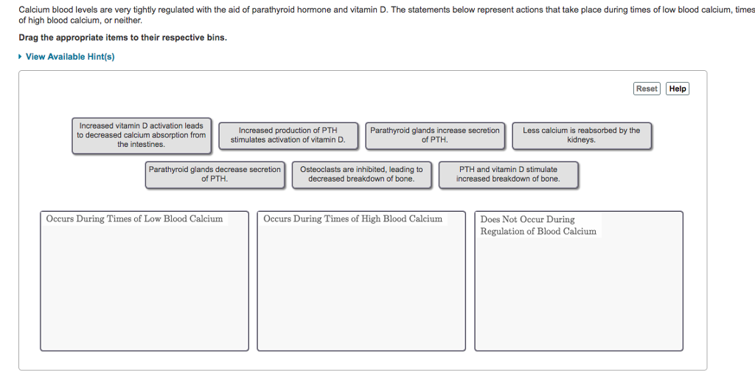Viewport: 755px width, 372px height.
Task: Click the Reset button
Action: click(647, 89)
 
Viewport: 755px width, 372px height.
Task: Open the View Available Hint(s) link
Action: click(70, 57)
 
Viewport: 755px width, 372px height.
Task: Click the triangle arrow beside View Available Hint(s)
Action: click(20, 57)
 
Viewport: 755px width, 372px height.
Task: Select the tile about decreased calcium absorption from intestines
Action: click(142, 135)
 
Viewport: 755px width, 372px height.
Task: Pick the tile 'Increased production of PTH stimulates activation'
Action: click(288, 135)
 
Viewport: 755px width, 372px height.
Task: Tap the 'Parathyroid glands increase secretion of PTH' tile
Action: click(435, 135)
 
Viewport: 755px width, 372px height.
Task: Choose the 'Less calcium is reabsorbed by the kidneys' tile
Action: click(582, 135)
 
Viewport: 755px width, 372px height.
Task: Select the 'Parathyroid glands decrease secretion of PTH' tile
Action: click(215, 174)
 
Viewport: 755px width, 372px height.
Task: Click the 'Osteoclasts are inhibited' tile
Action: click(361, 174)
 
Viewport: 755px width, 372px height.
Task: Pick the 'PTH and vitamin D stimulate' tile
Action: click(508, 174)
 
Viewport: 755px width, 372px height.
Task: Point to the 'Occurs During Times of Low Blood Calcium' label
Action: click(134, 218)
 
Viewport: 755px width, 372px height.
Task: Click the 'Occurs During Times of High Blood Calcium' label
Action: click(352, 218)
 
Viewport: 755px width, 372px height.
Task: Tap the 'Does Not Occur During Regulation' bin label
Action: click(538, 225)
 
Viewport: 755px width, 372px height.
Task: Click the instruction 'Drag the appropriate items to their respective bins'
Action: click(123, 38)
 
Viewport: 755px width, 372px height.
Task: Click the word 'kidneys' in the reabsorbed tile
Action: click(581, 140)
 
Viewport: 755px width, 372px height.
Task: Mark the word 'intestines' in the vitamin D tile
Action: click(147, 145)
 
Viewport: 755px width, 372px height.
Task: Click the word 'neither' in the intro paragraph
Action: click(130, 21)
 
